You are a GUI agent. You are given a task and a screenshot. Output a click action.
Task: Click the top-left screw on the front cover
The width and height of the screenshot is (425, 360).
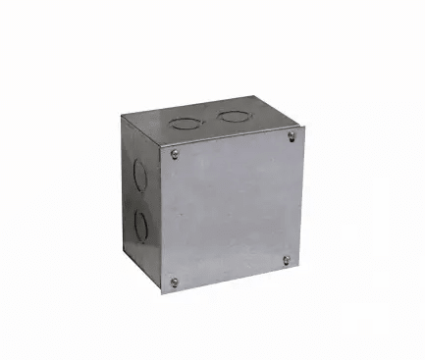point(175,153)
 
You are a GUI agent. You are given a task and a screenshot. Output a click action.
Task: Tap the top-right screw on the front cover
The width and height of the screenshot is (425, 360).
point(292,137)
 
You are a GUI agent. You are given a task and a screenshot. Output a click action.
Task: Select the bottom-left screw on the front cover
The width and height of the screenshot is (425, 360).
point(175,282)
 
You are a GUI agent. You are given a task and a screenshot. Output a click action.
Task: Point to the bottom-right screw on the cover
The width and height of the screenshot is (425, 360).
point(287,260)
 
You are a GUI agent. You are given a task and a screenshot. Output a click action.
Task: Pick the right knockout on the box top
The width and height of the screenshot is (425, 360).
point(234,117)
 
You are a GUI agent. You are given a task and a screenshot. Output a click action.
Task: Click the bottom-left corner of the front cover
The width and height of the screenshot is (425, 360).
point(161,293)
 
